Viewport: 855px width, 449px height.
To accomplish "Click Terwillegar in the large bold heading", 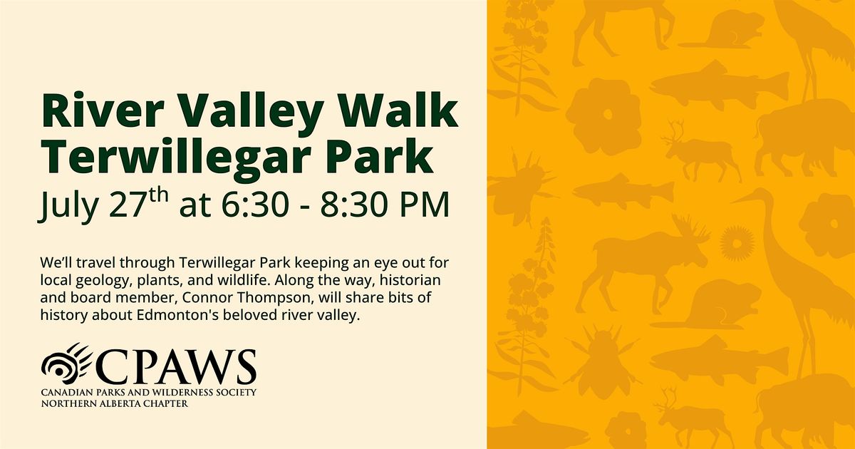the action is click(x=179, y=159).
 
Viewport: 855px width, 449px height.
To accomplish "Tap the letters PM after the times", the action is click(x=424, y=205).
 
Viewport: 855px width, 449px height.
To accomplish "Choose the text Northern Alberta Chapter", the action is click(x=115, y=403).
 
